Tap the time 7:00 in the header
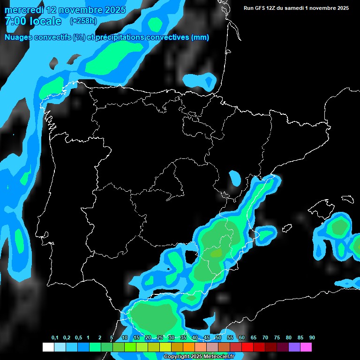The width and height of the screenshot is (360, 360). [16, 22]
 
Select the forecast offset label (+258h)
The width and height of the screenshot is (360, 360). [83, 21]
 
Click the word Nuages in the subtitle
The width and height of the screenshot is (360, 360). [19, 37]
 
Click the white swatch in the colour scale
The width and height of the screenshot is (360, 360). [48, 347]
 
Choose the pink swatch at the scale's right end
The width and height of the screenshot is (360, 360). [306, 347]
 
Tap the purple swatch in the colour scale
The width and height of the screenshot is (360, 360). [294, 347]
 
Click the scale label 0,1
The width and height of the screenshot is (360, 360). [55, 338]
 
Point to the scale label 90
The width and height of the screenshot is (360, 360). [312, 338]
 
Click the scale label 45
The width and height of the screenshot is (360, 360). [207, 338]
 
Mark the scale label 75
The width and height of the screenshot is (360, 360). [277, 338]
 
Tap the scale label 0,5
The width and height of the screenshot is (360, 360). [78, 338]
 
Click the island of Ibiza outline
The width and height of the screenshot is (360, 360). [267, 233]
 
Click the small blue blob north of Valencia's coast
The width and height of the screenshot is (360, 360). [234, 178]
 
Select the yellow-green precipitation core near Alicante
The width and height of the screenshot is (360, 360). [216, 254]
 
